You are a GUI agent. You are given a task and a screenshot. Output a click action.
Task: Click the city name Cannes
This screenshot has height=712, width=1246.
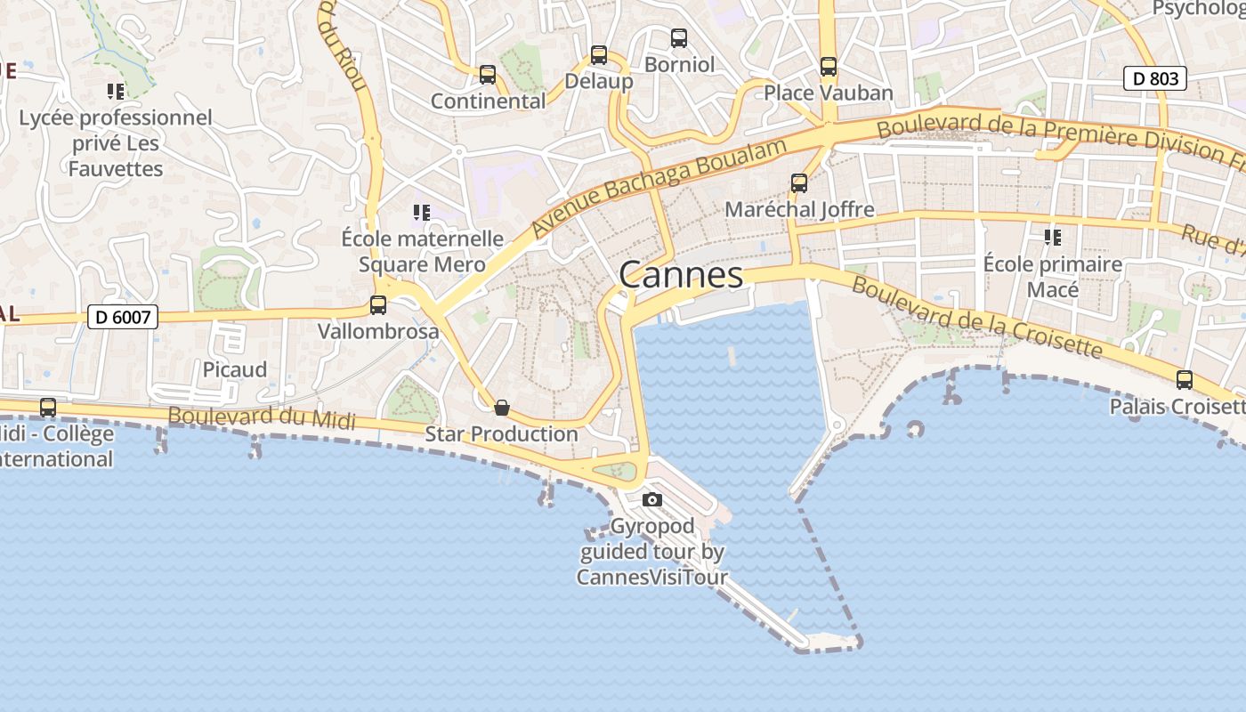point(681,275)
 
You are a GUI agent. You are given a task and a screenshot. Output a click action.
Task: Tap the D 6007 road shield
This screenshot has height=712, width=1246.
point(123,316)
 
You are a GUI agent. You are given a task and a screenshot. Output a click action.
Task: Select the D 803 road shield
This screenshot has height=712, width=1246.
point(1156,78)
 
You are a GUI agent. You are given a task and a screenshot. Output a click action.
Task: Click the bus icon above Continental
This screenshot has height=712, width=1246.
point(487,75)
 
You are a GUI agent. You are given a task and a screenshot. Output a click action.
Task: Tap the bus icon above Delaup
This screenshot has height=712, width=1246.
point(599,55)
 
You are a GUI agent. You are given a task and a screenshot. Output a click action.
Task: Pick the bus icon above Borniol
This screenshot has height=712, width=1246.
point(679,38)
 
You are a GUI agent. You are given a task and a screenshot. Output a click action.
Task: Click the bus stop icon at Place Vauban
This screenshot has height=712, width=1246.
point(829,67)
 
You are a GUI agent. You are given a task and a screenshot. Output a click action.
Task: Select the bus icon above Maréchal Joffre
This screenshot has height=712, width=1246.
point(799,183)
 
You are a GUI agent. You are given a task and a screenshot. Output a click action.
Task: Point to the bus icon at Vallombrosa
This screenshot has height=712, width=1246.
point(378,305)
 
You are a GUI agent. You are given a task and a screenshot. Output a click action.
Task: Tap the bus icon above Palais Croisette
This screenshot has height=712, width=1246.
point(1185,380)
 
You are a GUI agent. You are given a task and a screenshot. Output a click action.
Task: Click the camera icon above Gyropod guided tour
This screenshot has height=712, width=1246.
point(652,500)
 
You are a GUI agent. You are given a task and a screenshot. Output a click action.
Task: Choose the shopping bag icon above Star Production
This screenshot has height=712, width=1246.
point(502,409)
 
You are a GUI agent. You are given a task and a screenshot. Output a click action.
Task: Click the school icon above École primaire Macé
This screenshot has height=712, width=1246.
point(1053,238)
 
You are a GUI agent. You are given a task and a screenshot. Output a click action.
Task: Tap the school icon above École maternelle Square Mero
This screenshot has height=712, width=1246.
point(422,213)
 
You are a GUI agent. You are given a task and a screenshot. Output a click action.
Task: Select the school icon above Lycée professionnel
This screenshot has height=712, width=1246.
point(116,91)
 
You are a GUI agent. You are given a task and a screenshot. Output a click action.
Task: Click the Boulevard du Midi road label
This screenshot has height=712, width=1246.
point(262,417)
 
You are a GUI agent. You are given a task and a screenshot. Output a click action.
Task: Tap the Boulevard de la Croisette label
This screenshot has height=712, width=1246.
point(976,318)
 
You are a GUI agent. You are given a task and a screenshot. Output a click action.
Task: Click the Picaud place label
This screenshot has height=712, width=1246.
point(235,369)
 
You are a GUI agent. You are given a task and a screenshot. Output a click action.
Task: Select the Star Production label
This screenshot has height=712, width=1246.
point(502,434)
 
